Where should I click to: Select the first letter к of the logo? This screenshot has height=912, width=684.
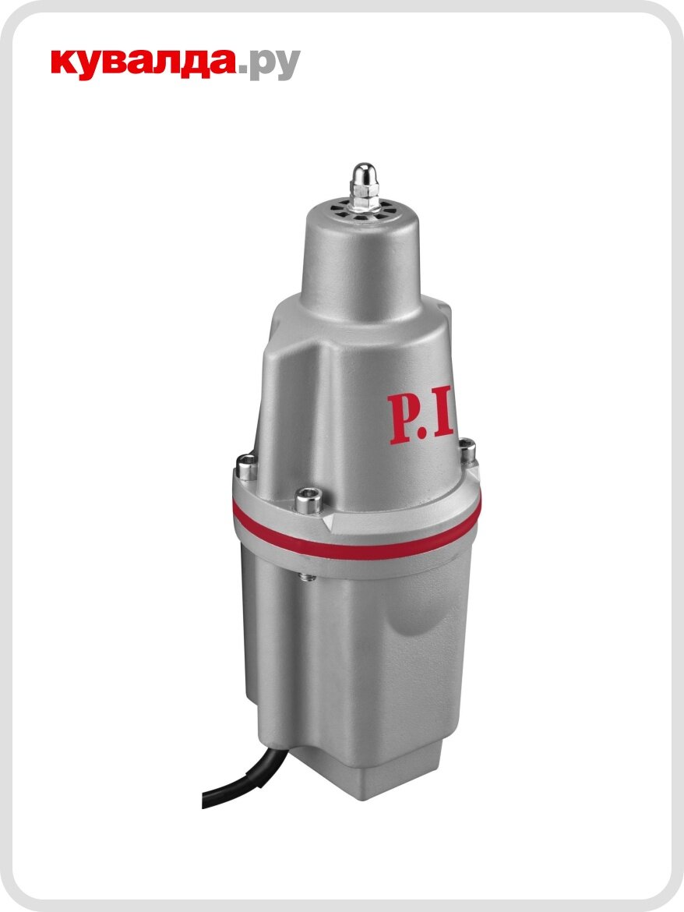coord(64,65)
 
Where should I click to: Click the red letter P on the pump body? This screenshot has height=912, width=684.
coord(406,419)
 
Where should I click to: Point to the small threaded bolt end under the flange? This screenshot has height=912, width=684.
coord(303,578)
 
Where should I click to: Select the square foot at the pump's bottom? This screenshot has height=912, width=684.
coord(366,772)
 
